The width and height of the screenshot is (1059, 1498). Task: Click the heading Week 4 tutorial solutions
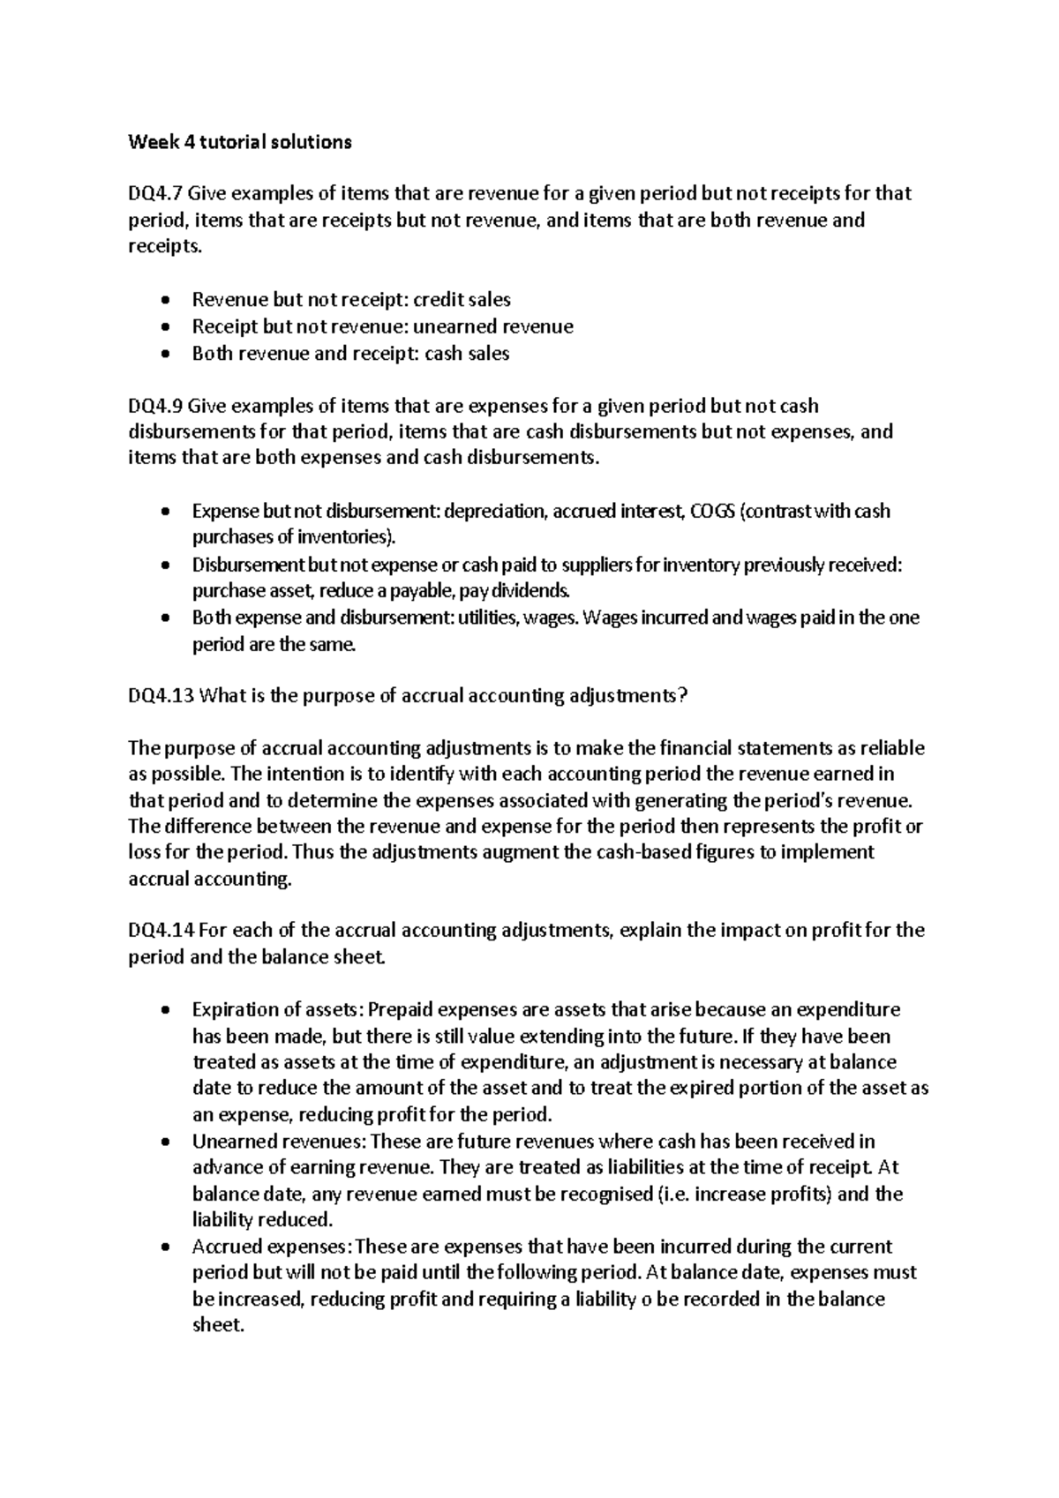240,142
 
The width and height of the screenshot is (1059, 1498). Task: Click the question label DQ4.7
155,193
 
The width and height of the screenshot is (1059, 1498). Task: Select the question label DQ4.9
155,407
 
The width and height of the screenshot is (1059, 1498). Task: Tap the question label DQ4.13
161,696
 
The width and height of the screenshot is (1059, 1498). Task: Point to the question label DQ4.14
161,931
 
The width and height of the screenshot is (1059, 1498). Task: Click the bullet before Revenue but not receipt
166,301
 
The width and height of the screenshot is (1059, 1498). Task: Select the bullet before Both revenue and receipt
166,355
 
